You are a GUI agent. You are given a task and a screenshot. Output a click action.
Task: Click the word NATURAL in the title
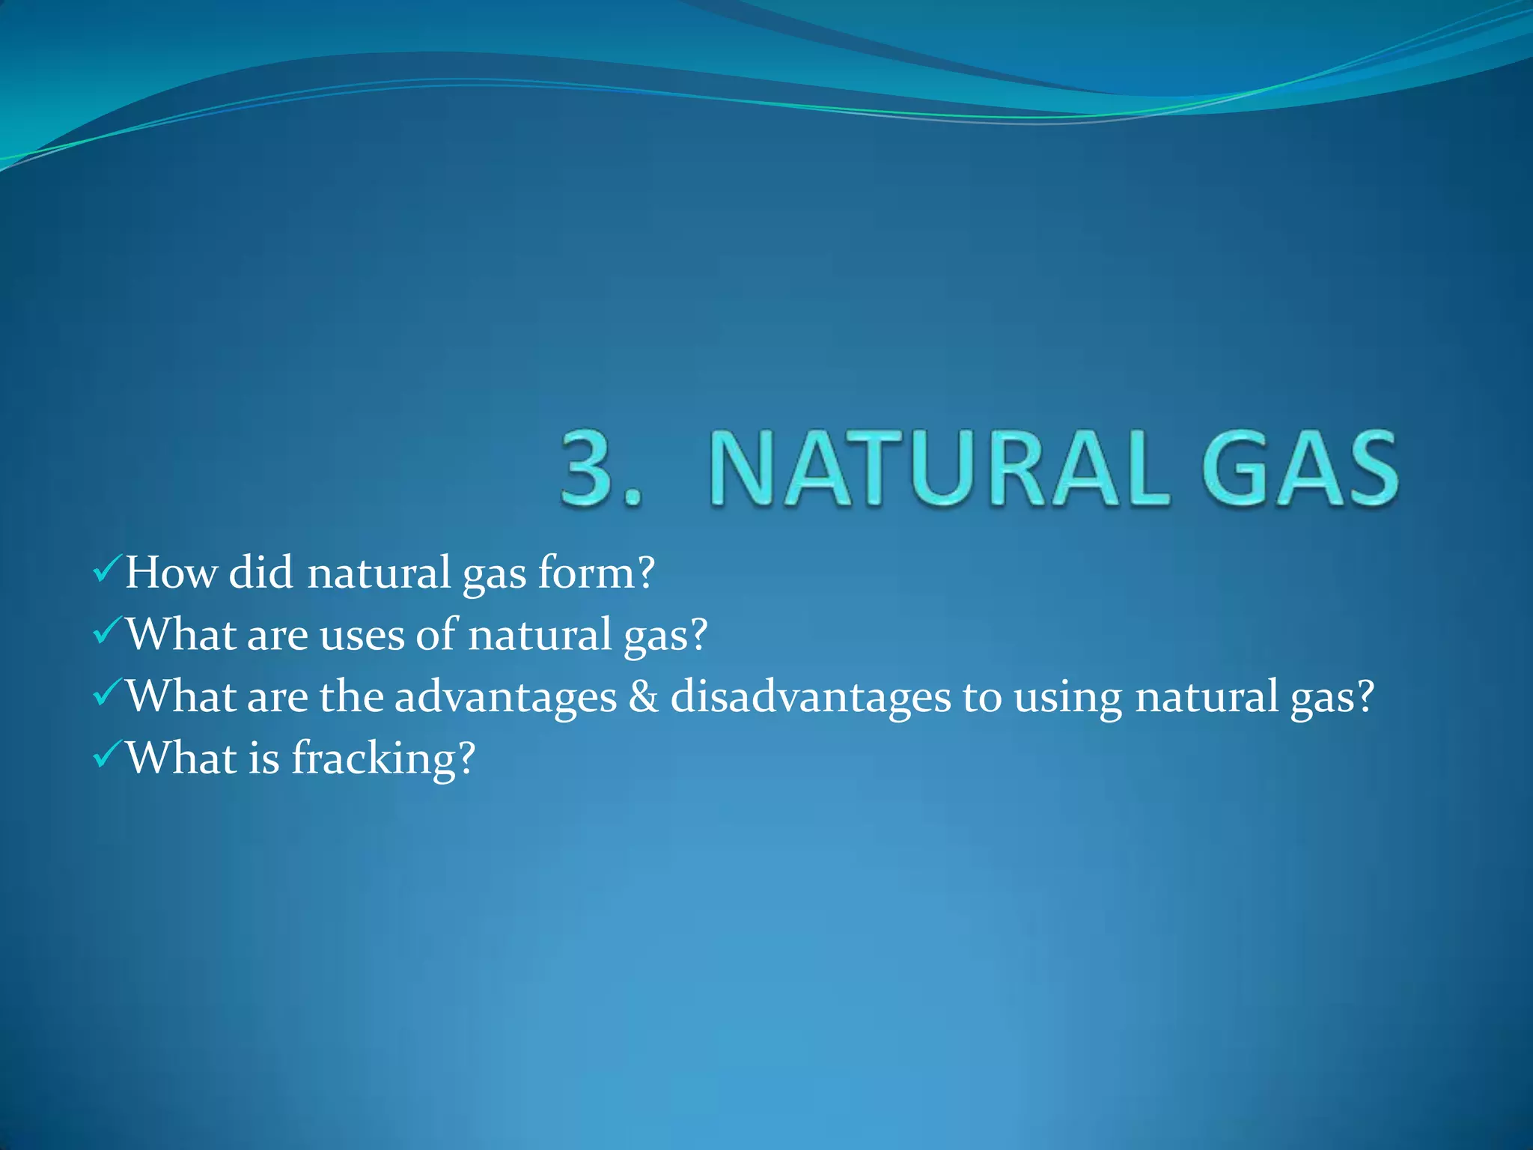pos(939,469)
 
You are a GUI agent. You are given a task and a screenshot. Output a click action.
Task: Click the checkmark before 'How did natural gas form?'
pos(106,571)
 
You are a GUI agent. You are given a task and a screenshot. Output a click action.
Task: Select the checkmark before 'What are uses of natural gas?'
pos(106,633)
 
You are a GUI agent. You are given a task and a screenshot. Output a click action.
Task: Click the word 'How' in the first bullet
pos(171,573)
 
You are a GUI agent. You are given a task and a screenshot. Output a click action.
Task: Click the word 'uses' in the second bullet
pos(362,636)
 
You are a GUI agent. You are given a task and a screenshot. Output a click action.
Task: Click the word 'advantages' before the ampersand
pos(505,698)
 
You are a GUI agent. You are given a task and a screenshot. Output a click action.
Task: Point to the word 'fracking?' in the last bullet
pos(383,758)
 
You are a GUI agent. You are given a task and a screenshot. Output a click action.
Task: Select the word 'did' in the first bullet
pos(260,573)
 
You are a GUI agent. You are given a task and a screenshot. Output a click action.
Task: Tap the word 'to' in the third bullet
pos(981,698)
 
